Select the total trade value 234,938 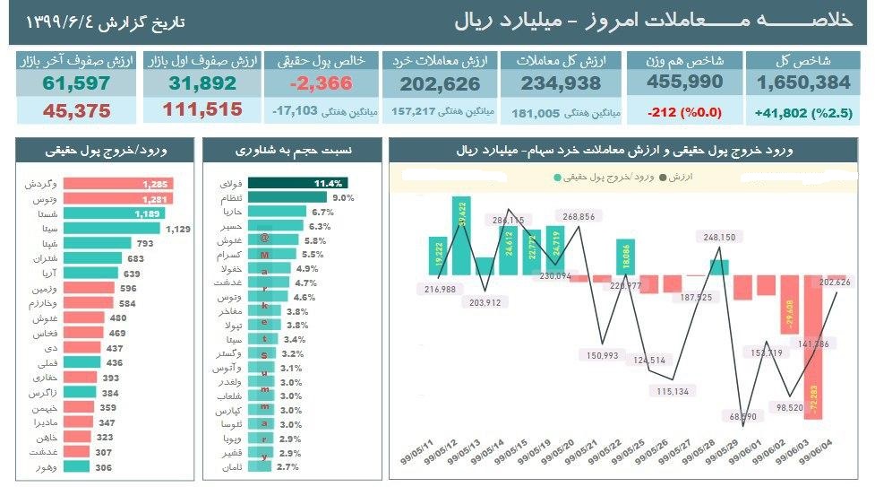pos(564,83)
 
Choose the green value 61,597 pos(76,83)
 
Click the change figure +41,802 pos(782,114)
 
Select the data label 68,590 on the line pos(742,416)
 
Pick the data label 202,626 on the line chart pos(834,283)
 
